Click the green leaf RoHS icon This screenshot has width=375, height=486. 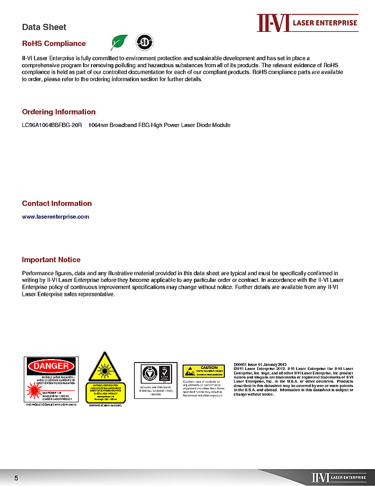click(x=119, y=43)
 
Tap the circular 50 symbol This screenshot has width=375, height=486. click(x=144, y=42)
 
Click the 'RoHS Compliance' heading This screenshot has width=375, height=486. click(x=54, y=43)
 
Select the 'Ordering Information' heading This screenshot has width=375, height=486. click(x=59, y=112)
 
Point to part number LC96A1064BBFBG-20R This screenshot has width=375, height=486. click(x=52, y=125)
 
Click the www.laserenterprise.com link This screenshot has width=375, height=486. click(x=56, y=217)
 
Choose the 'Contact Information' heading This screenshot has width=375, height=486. click(x=57, y=203)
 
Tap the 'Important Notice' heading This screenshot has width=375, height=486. click(x=51, y=259)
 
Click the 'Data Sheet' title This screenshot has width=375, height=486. click(x=44, y=27)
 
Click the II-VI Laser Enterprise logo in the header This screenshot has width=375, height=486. click(x=307, y=23)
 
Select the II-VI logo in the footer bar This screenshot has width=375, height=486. click(x=339, y=478)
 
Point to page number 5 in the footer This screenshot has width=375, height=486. click(x=16, y=478)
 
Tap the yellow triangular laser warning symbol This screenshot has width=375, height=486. click(x=104, y=367)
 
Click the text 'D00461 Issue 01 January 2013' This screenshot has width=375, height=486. click(x=260, y=364)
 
